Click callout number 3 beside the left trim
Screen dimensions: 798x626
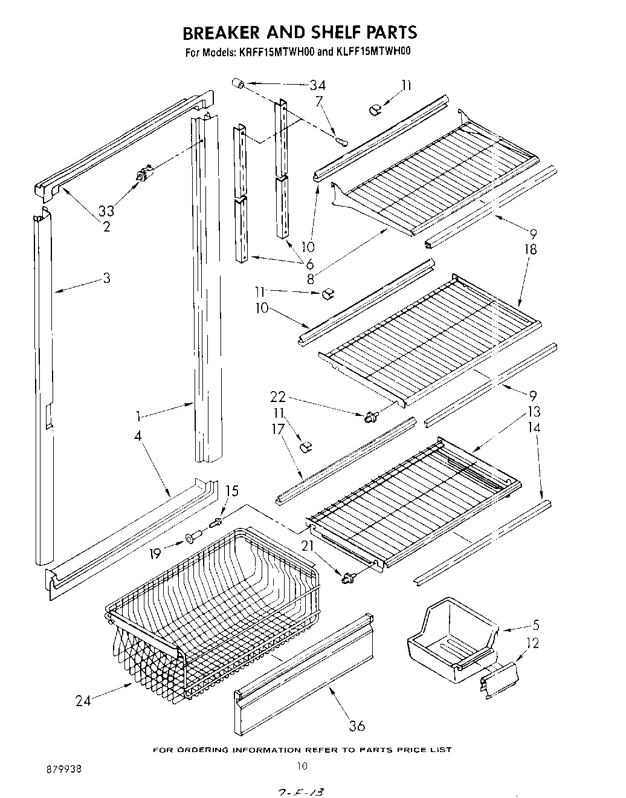pyautogui.click(x=106, y=278)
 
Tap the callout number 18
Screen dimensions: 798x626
pyautogui.click(x=531, y=249)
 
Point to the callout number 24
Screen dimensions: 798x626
pyautogui.click(x=84, y=701)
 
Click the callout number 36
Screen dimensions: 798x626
pyautogui.click(x=357, y=725)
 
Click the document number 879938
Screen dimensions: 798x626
pyautogui.click(x=63, y=770)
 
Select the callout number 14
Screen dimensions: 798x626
pyautogui.click(x=534, y=427)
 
